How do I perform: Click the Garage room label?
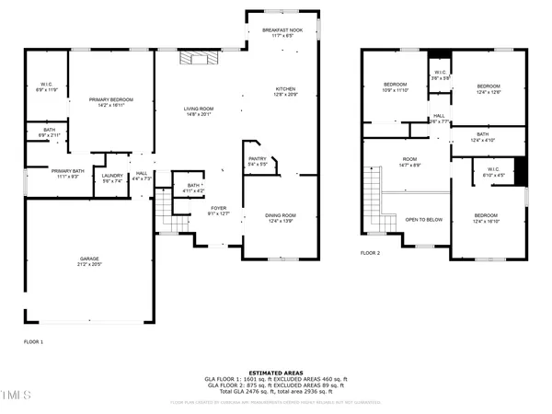coord(88,262)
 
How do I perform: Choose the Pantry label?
coord(257,161)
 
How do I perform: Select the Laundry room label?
coord(112,178)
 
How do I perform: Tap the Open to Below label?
coord(424,220)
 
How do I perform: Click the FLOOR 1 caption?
coord(33,341)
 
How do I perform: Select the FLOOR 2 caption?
coord(370,252)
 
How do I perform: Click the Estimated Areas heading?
coord(275,372)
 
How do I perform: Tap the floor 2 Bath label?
coord(483,137)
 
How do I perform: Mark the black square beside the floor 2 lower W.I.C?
coord(519,171)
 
